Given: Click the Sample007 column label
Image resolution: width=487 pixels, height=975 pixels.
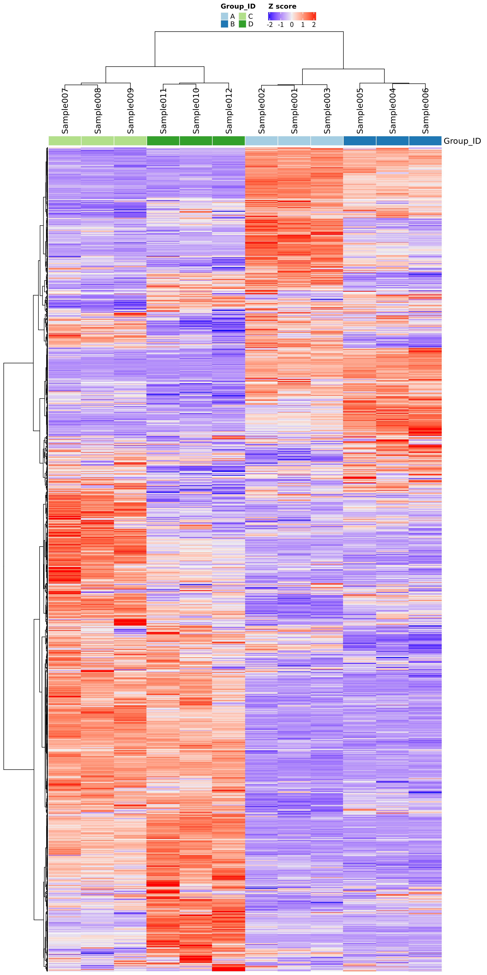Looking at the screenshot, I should [x=65, y=111].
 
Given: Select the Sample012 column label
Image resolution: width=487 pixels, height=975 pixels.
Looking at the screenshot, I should [x=229, y=111].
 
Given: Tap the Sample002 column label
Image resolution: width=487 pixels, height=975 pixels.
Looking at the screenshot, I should [x=262, y=111].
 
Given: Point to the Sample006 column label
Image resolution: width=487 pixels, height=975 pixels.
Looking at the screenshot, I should [x=425, y=111].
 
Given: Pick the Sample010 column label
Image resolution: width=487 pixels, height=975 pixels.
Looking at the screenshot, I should [x=196, y=111].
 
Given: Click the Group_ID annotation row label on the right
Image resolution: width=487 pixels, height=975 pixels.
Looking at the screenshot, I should [x=462, y=141].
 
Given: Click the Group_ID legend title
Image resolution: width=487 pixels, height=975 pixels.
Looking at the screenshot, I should [x=238, y=6].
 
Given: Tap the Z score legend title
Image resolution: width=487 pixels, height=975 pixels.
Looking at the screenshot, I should [x=282, y=6].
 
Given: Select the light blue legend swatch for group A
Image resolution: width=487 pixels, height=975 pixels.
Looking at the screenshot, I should [x=224, y=16].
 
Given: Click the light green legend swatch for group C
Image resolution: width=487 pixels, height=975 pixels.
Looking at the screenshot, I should [x=242, y=16].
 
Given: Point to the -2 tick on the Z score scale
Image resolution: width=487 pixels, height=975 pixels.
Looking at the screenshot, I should [x=270, y=25].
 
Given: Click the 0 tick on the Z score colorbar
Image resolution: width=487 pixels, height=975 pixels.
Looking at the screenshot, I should [x=292, y=25].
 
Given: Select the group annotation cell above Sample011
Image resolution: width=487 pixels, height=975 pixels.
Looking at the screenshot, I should [x=163, y=141].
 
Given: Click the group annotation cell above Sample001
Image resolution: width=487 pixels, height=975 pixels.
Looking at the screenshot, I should [x=294, y=141].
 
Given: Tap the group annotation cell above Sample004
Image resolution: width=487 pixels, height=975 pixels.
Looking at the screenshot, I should [x=393, y=141].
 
